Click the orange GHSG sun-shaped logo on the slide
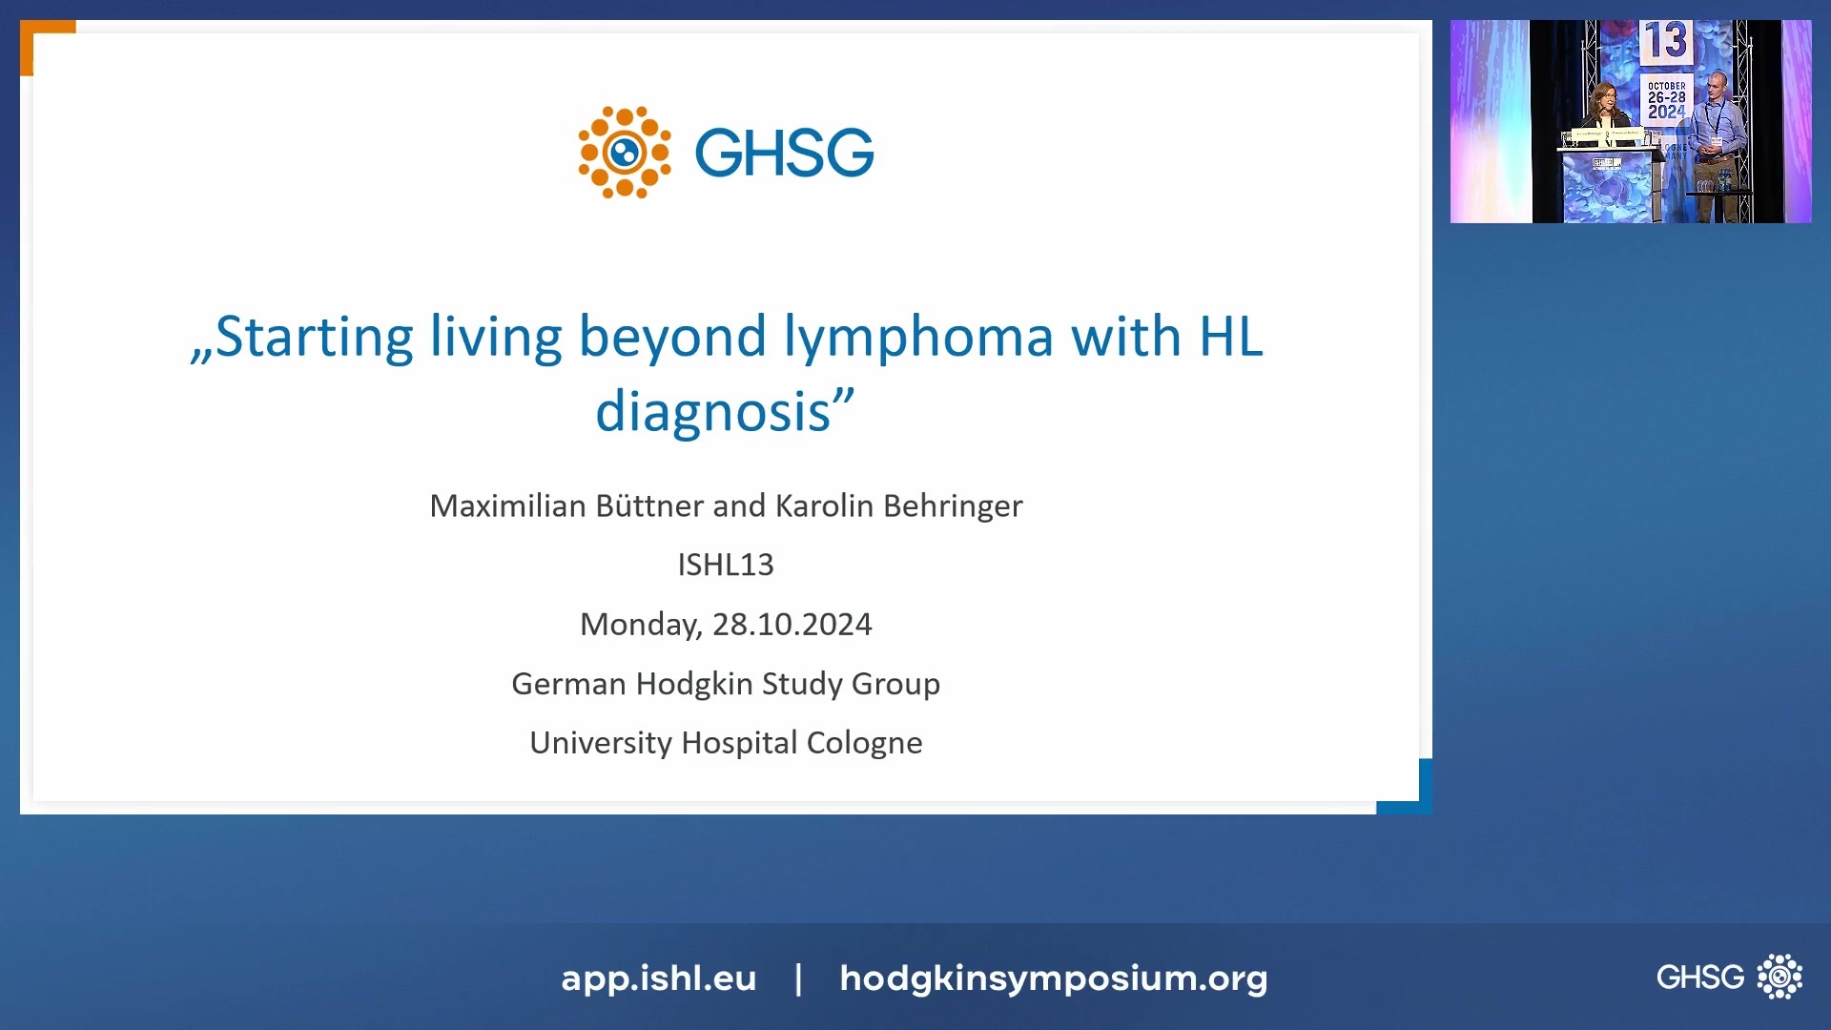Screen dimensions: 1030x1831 [x=625, y=153]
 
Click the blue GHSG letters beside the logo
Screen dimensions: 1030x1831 [x=784, y=153]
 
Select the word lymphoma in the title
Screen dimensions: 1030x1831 [x=917, y=337]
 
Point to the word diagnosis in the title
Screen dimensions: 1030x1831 [x=713, y=412]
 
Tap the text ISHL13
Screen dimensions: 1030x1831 [x=726, y=565]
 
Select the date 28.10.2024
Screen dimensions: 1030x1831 [x=792, y=624]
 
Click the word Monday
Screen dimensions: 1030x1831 [x=639, y=624]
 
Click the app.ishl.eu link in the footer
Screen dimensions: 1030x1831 [x=658, y=978]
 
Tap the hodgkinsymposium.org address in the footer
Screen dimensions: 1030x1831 [x=1053, y=978]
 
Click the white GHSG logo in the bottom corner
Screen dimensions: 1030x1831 [x=1728, y=977]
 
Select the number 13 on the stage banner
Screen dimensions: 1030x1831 [x=1665, y=41]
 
